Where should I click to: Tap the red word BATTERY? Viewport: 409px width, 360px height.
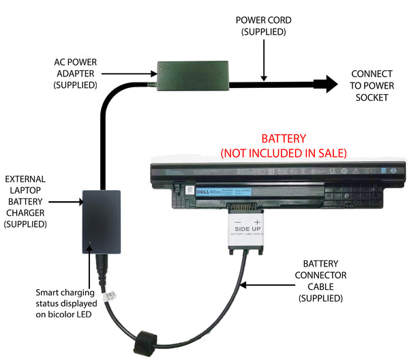pyautogui.click(x=283, y=138)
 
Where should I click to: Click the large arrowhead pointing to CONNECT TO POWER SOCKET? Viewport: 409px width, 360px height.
pyautogui.click(x=329, y=84)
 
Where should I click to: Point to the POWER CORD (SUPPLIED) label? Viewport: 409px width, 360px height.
pyautogui.click(x=260, y=25)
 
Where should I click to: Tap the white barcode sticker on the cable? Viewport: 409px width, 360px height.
pyautogui.click(x=112, y=298)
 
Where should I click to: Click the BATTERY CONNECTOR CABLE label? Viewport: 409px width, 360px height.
pyautogui.click(x=324, y=281)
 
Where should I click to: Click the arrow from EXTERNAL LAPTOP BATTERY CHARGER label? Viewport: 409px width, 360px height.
pyautogui.click(x=67, y=202)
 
